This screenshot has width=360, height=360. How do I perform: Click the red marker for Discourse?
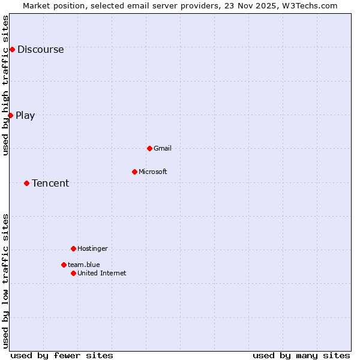(x=12, y=49)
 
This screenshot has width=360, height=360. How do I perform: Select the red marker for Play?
(x=10, y=115)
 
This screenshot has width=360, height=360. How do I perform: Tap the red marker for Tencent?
(x=26, y=183)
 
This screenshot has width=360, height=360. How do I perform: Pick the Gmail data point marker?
(x=149, y=148)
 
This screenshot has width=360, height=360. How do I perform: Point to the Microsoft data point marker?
(x=134, y=172)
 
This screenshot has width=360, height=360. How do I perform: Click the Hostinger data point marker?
(x=73, y=248)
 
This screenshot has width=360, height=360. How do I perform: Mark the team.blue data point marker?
(x=64, y=265)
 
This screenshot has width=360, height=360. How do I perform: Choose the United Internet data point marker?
(x=73, y=273)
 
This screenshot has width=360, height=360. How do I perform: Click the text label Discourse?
(x=40, y=50)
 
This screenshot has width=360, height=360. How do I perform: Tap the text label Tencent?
(x=50, y=184)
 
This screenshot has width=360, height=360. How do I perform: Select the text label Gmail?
(x=163, y=148)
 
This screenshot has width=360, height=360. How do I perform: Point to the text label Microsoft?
(x=153, y=172)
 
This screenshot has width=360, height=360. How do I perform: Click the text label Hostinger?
(x=92, y=248)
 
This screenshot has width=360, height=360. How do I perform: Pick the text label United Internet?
(x=102, y=274)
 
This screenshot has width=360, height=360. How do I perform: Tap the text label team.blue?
(x=84, y=265)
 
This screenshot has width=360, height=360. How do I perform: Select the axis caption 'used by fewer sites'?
(x=62, y=356)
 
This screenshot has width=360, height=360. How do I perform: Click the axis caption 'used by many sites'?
(x=301, y=356)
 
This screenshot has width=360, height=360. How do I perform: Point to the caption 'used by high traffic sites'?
(x=6, y=85)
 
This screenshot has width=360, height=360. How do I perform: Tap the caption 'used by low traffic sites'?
(x=6, y=281)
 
